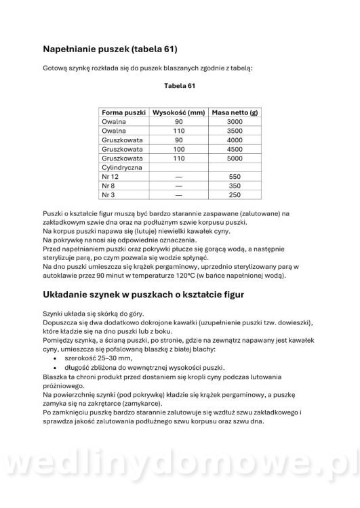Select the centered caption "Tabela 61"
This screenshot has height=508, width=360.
180,86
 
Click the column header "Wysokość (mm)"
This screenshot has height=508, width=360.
178,112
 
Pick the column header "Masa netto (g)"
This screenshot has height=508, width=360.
235,112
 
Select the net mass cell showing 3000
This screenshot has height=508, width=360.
235,121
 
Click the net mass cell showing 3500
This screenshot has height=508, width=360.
235,130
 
